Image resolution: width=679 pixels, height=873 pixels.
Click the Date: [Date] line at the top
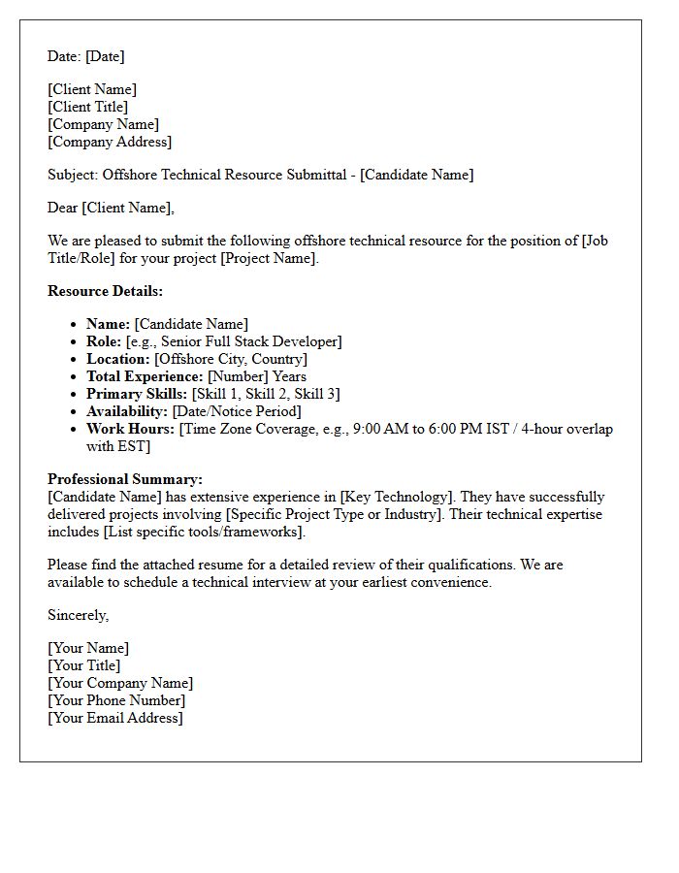(85, 56)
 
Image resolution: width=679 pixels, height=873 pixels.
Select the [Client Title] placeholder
(87, 107)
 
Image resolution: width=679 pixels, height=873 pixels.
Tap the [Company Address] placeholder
(109, 142)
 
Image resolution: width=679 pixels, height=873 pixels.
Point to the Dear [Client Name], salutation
(111, 208)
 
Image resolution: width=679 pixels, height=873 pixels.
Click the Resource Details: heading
(105, 291)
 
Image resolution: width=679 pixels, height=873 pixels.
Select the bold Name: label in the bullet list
(108, 324)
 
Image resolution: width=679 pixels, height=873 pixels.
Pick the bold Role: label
(104, 341)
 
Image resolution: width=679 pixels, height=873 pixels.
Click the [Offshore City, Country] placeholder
(231, 359)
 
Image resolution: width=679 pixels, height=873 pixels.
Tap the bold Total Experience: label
(145, 376)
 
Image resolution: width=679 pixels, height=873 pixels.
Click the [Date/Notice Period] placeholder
(237, 411)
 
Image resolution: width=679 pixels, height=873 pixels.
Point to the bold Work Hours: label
(130, 429)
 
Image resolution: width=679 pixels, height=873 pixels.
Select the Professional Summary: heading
(125, 479)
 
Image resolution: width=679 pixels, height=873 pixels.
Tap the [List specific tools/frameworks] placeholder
(204, 532)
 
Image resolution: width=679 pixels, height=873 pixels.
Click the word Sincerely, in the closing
(78, 615)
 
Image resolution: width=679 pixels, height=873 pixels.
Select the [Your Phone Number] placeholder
(115, 700)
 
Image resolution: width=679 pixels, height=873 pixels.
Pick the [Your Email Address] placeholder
(114, 718)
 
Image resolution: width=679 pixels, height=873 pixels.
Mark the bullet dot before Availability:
(74, 412)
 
